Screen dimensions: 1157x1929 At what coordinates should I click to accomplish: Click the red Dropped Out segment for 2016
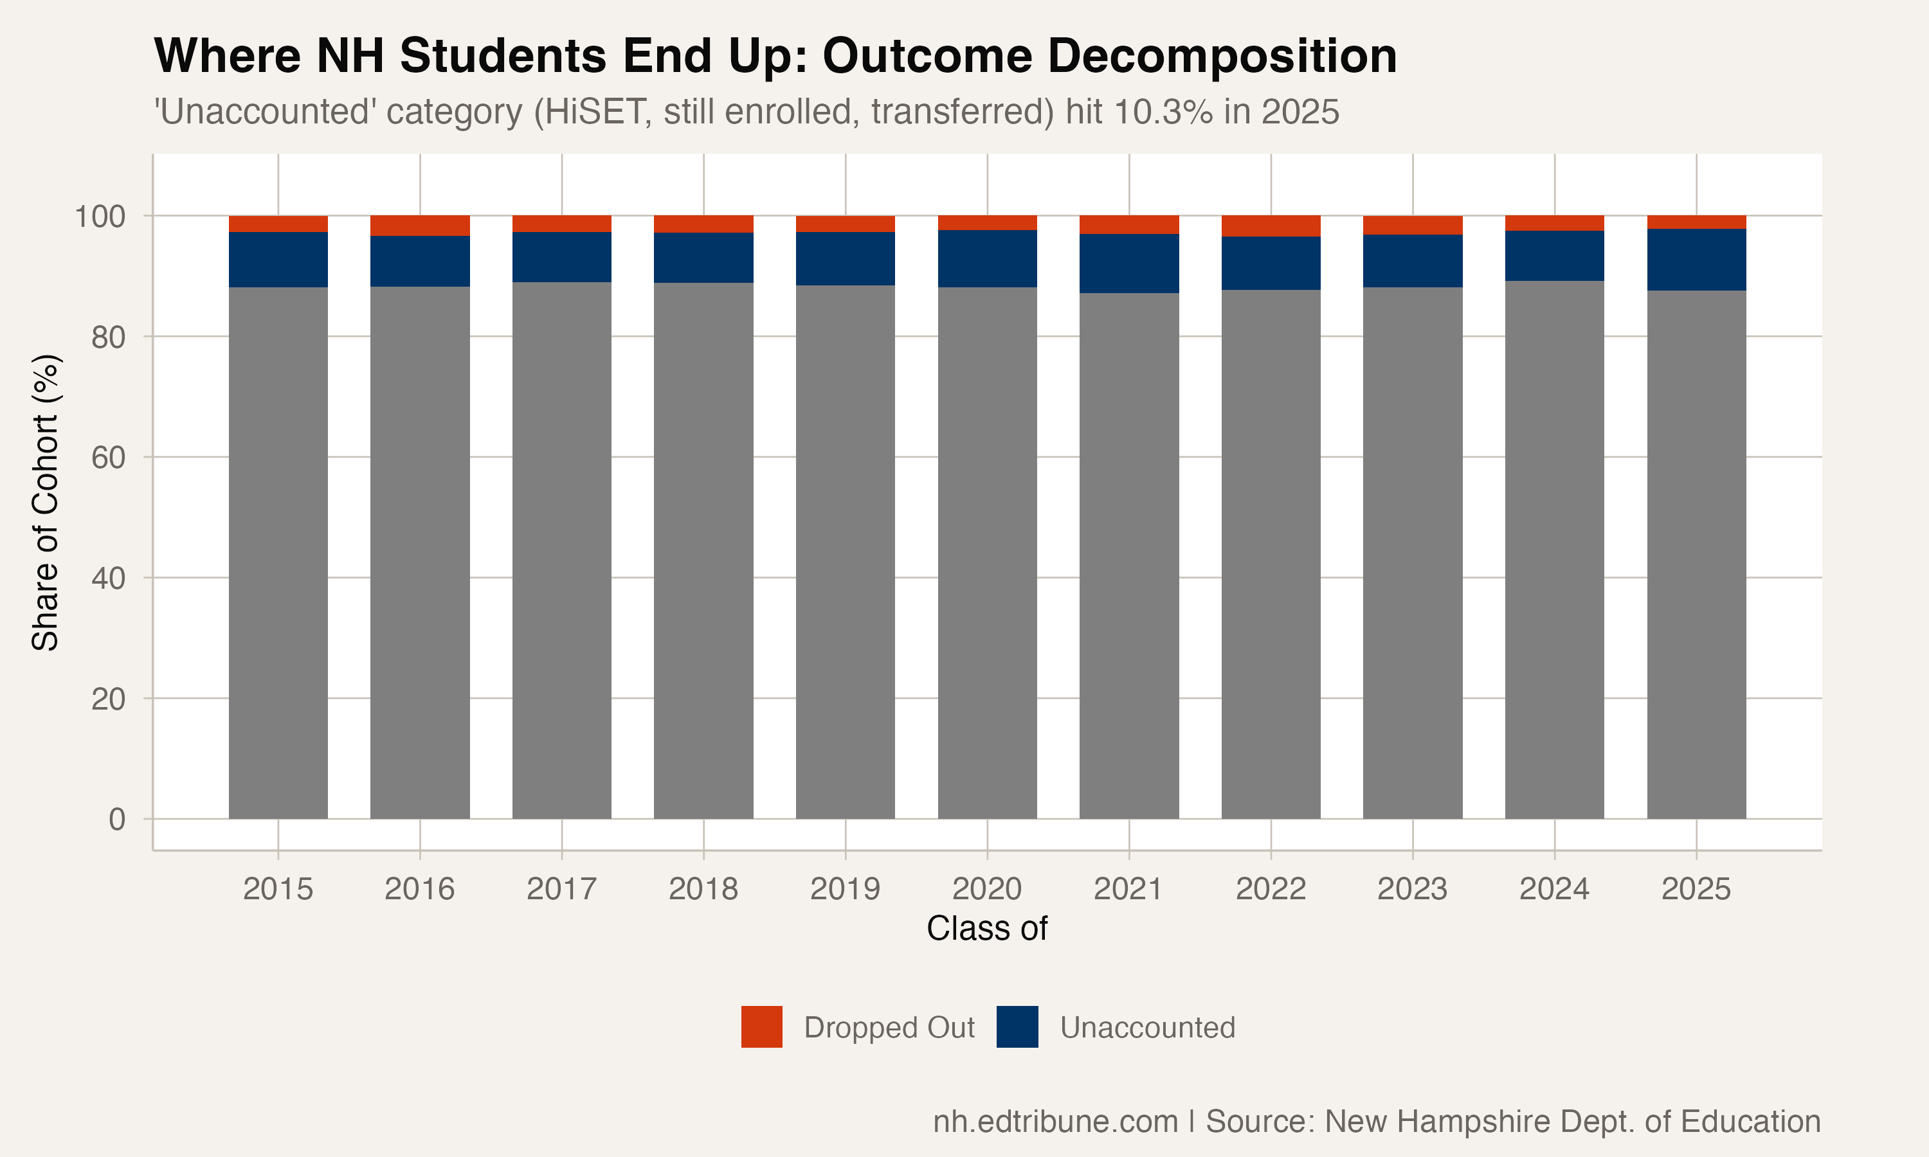point(419,226)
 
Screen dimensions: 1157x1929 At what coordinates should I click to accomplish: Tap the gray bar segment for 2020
point(987,553)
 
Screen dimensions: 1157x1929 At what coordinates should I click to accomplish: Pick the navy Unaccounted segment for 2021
point(1129,264)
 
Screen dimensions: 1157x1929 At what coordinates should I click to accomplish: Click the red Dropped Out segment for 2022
point(1271,226)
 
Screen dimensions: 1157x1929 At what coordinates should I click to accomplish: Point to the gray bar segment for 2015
point(278,553)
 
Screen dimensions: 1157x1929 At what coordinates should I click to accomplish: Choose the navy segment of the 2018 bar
point(703,258)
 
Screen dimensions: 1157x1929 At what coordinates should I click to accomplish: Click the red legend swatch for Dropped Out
point(762,1027)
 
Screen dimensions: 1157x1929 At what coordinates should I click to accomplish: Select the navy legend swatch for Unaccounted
point(1017,1027)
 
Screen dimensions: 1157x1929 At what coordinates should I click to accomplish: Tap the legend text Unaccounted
point(1147,1028)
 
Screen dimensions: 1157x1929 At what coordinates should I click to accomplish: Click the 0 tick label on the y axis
point(116,820)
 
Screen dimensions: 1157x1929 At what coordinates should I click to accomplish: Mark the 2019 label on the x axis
point(845,889)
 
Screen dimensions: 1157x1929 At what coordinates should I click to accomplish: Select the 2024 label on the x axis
point(1554,889)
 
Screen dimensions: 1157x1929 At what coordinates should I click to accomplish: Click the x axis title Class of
point(986,929)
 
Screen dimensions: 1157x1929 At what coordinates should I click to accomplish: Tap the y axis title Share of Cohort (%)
point(45,502)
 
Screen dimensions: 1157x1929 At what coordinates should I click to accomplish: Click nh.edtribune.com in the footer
point(1055,1121)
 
